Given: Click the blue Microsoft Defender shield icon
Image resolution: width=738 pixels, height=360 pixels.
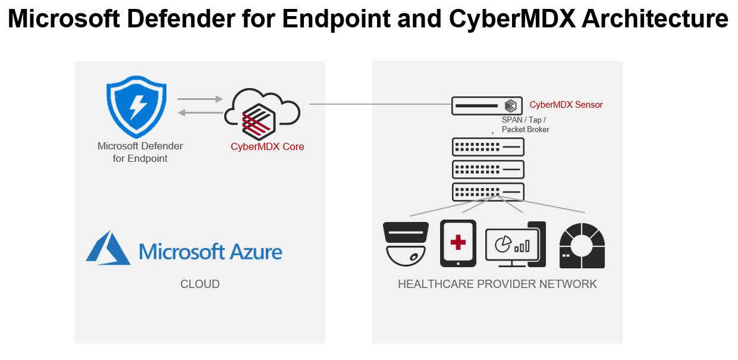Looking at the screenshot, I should [136, 108].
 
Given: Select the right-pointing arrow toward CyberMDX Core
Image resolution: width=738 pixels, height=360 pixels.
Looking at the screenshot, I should [199, 99].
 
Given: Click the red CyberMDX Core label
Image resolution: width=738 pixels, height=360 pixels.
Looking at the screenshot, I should [267, 146].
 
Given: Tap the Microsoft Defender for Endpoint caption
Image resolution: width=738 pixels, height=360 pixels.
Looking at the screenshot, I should [140, 152].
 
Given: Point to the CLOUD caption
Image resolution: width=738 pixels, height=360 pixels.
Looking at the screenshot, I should [200, 284].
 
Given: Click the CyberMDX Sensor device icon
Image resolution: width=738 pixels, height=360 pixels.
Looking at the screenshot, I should [487, 106].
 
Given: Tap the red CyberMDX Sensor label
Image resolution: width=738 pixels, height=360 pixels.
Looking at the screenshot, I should [566, 105].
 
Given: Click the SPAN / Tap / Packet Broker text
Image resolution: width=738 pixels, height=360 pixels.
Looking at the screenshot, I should [525, 124].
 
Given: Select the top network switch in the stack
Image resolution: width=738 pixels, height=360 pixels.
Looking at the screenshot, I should [488, 146].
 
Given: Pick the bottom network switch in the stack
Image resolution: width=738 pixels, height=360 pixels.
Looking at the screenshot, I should [488, 192].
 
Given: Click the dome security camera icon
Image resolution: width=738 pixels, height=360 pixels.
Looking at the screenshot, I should [406, 244].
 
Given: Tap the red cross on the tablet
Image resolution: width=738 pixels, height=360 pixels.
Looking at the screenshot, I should [458, 242].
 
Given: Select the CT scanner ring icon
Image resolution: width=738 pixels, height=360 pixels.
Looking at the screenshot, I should [582, 244].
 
